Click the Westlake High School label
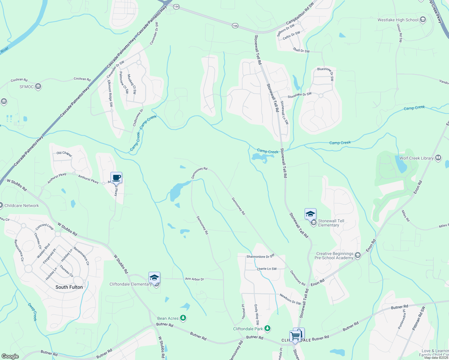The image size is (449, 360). [398, 20]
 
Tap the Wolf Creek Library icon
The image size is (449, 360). [438, 158]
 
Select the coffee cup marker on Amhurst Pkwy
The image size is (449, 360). [116, 178]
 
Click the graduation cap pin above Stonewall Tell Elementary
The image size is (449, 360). [310, 214]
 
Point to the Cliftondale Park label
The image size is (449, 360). [248, 329]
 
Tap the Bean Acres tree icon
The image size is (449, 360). [183, 318]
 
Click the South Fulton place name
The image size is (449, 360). [69, 287]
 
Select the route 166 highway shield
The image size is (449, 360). [235, 26]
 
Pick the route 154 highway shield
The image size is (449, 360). [176, 7]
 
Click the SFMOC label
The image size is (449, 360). [26, 87]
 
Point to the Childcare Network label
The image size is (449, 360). [22, 205]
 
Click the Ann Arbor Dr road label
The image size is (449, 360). [194, 279]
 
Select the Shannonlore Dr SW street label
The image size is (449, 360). [261, 256]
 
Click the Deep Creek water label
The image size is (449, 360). [32, 312]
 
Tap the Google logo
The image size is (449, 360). [10, 356]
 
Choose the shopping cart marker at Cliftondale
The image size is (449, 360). [295, 336]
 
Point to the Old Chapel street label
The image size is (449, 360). [64, 154]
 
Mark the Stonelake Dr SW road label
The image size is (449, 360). [300, 96]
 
